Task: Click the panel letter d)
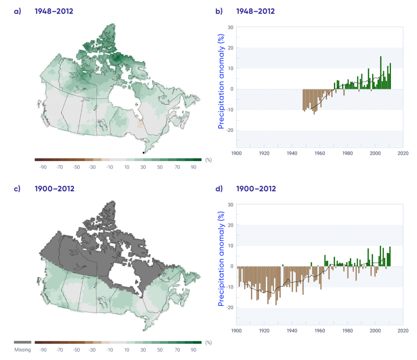[219, 189]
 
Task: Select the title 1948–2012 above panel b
[255, 11]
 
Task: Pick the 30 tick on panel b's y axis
[230, 28]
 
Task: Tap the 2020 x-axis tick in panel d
[403, 330]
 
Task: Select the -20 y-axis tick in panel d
[229, 308]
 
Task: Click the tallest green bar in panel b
[381, 72]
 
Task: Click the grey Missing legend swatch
[22, 343]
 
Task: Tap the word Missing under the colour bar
[22, 350]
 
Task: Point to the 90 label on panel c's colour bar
[193, 349]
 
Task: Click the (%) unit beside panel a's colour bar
[209, 160]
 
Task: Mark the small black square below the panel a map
[143, 153]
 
